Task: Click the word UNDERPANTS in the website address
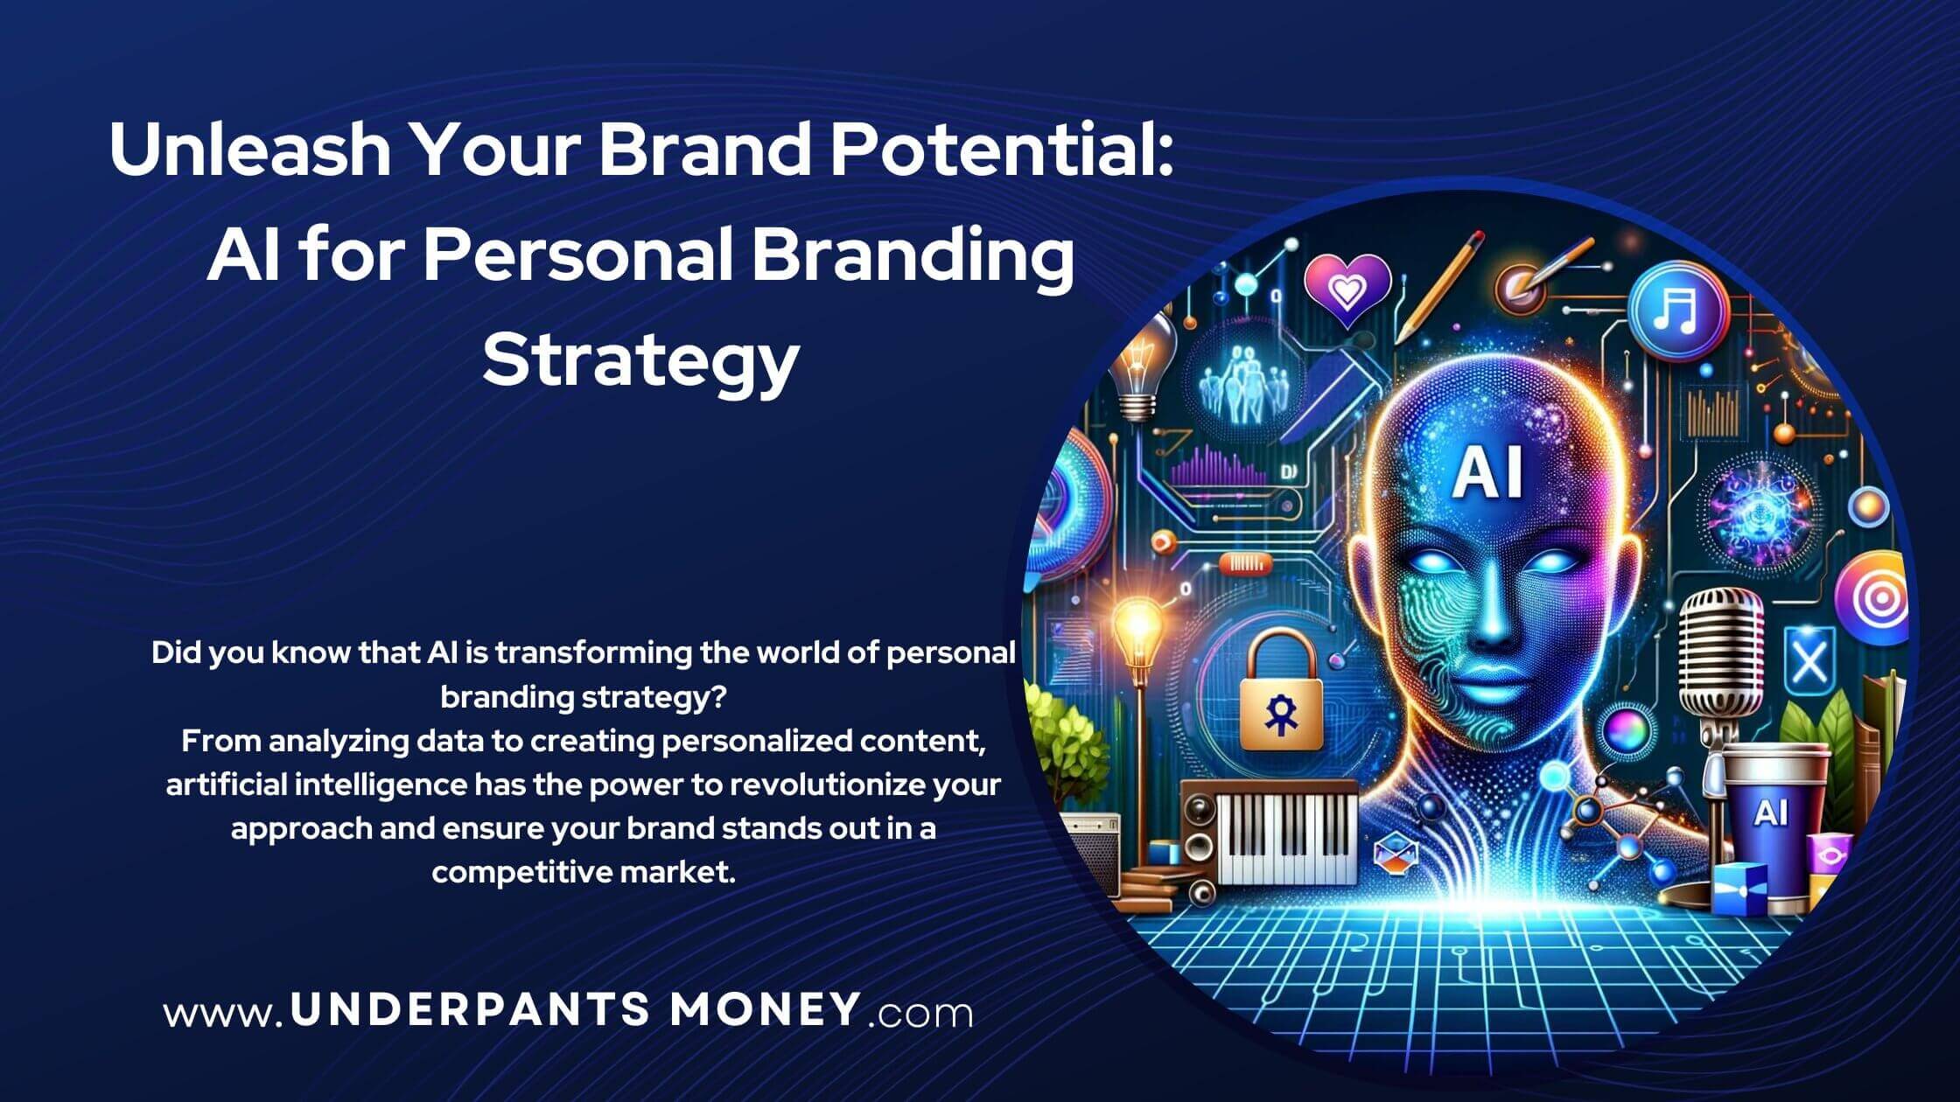[471, 1010]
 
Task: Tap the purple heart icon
[1346, 287]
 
